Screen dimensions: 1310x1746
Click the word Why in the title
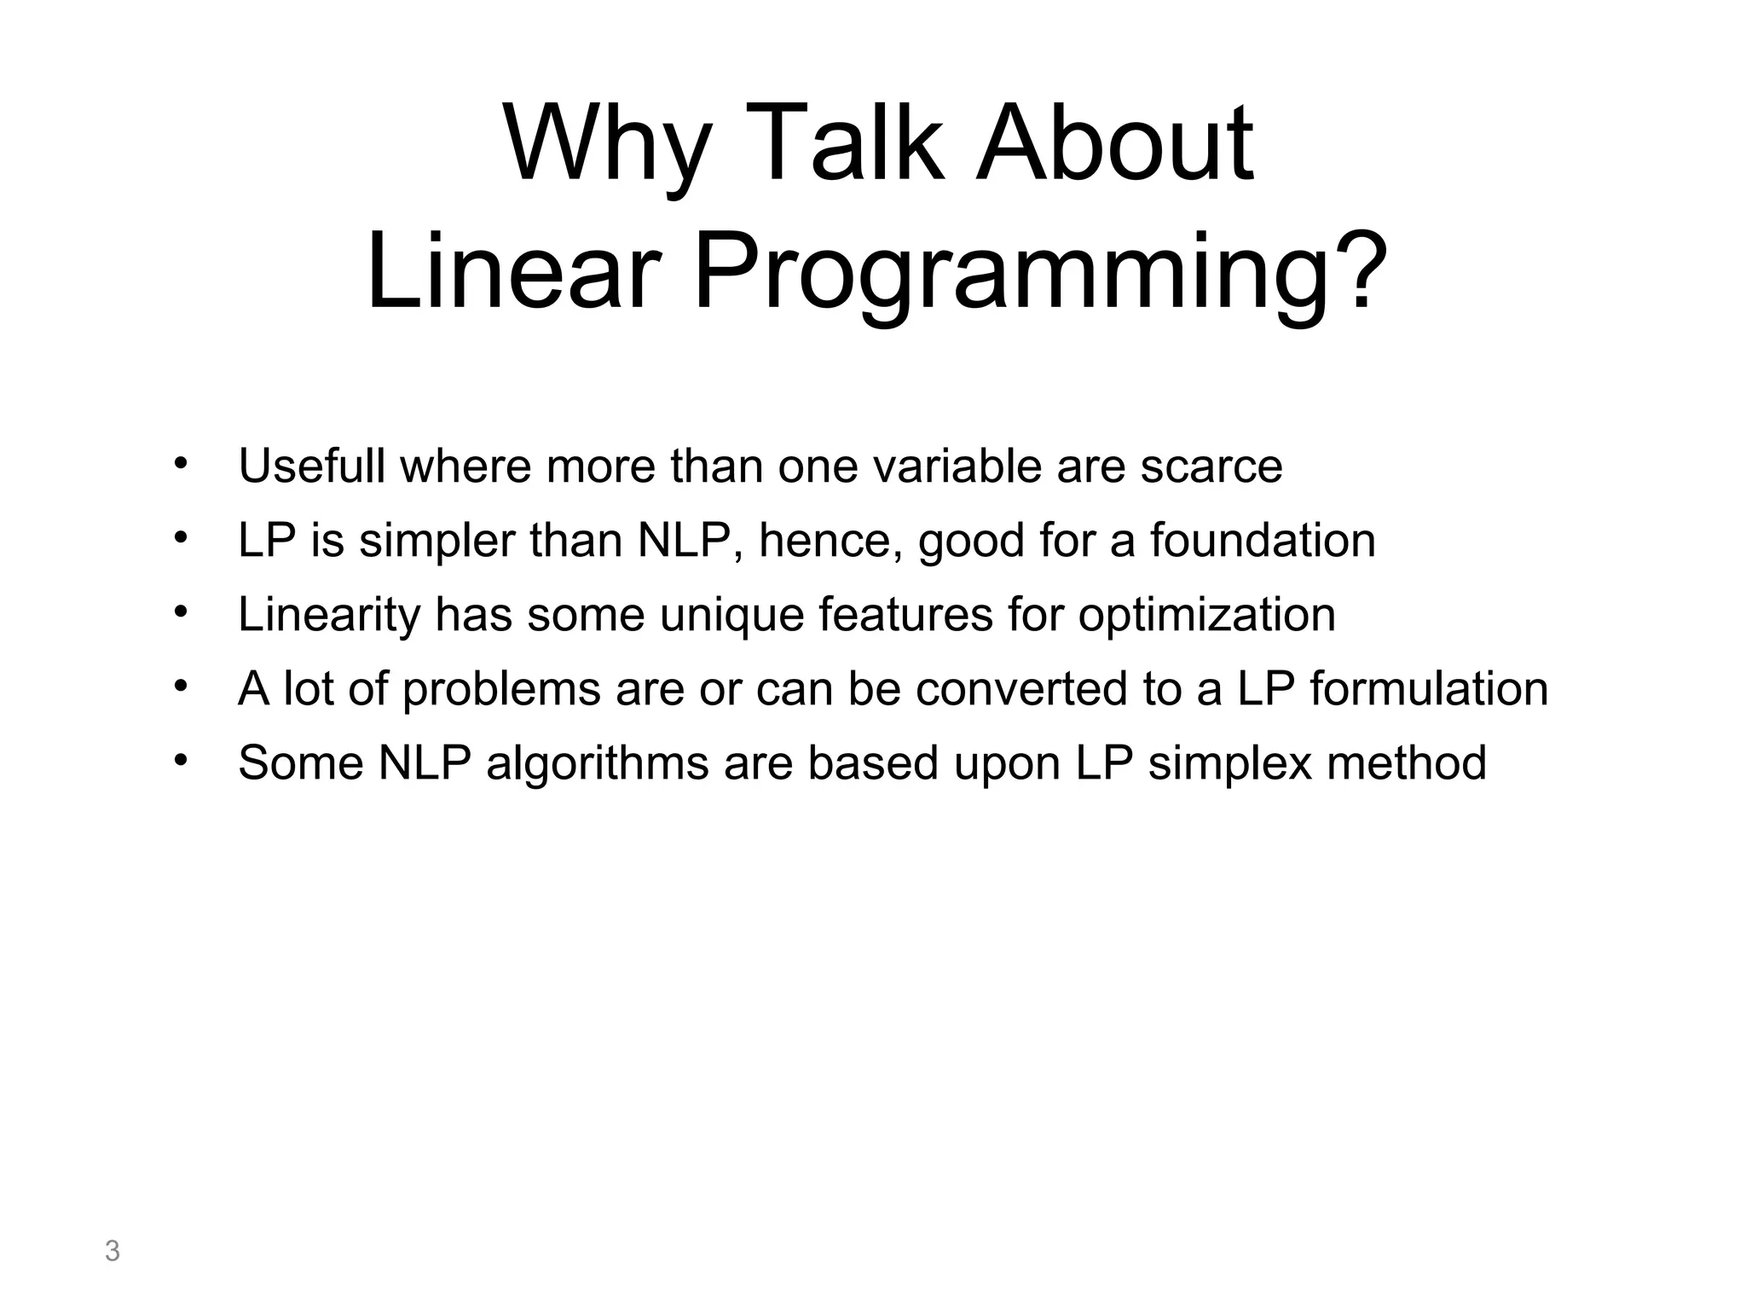(x=606, y=145)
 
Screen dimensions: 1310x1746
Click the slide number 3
(x=112, y=1252)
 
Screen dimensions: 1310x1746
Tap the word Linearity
(x=329, y=614)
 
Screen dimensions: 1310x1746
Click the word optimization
(x=1206, y=616)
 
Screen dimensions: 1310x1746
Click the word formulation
(x=1429, y=688)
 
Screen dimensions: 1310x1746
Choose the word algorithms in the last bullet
(x=598, y=763)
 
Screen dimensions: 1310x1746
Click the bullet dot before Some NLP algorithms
(x=180, y=760)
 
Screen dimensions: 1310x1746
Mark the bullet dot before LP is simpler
(x=180, y=537)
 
